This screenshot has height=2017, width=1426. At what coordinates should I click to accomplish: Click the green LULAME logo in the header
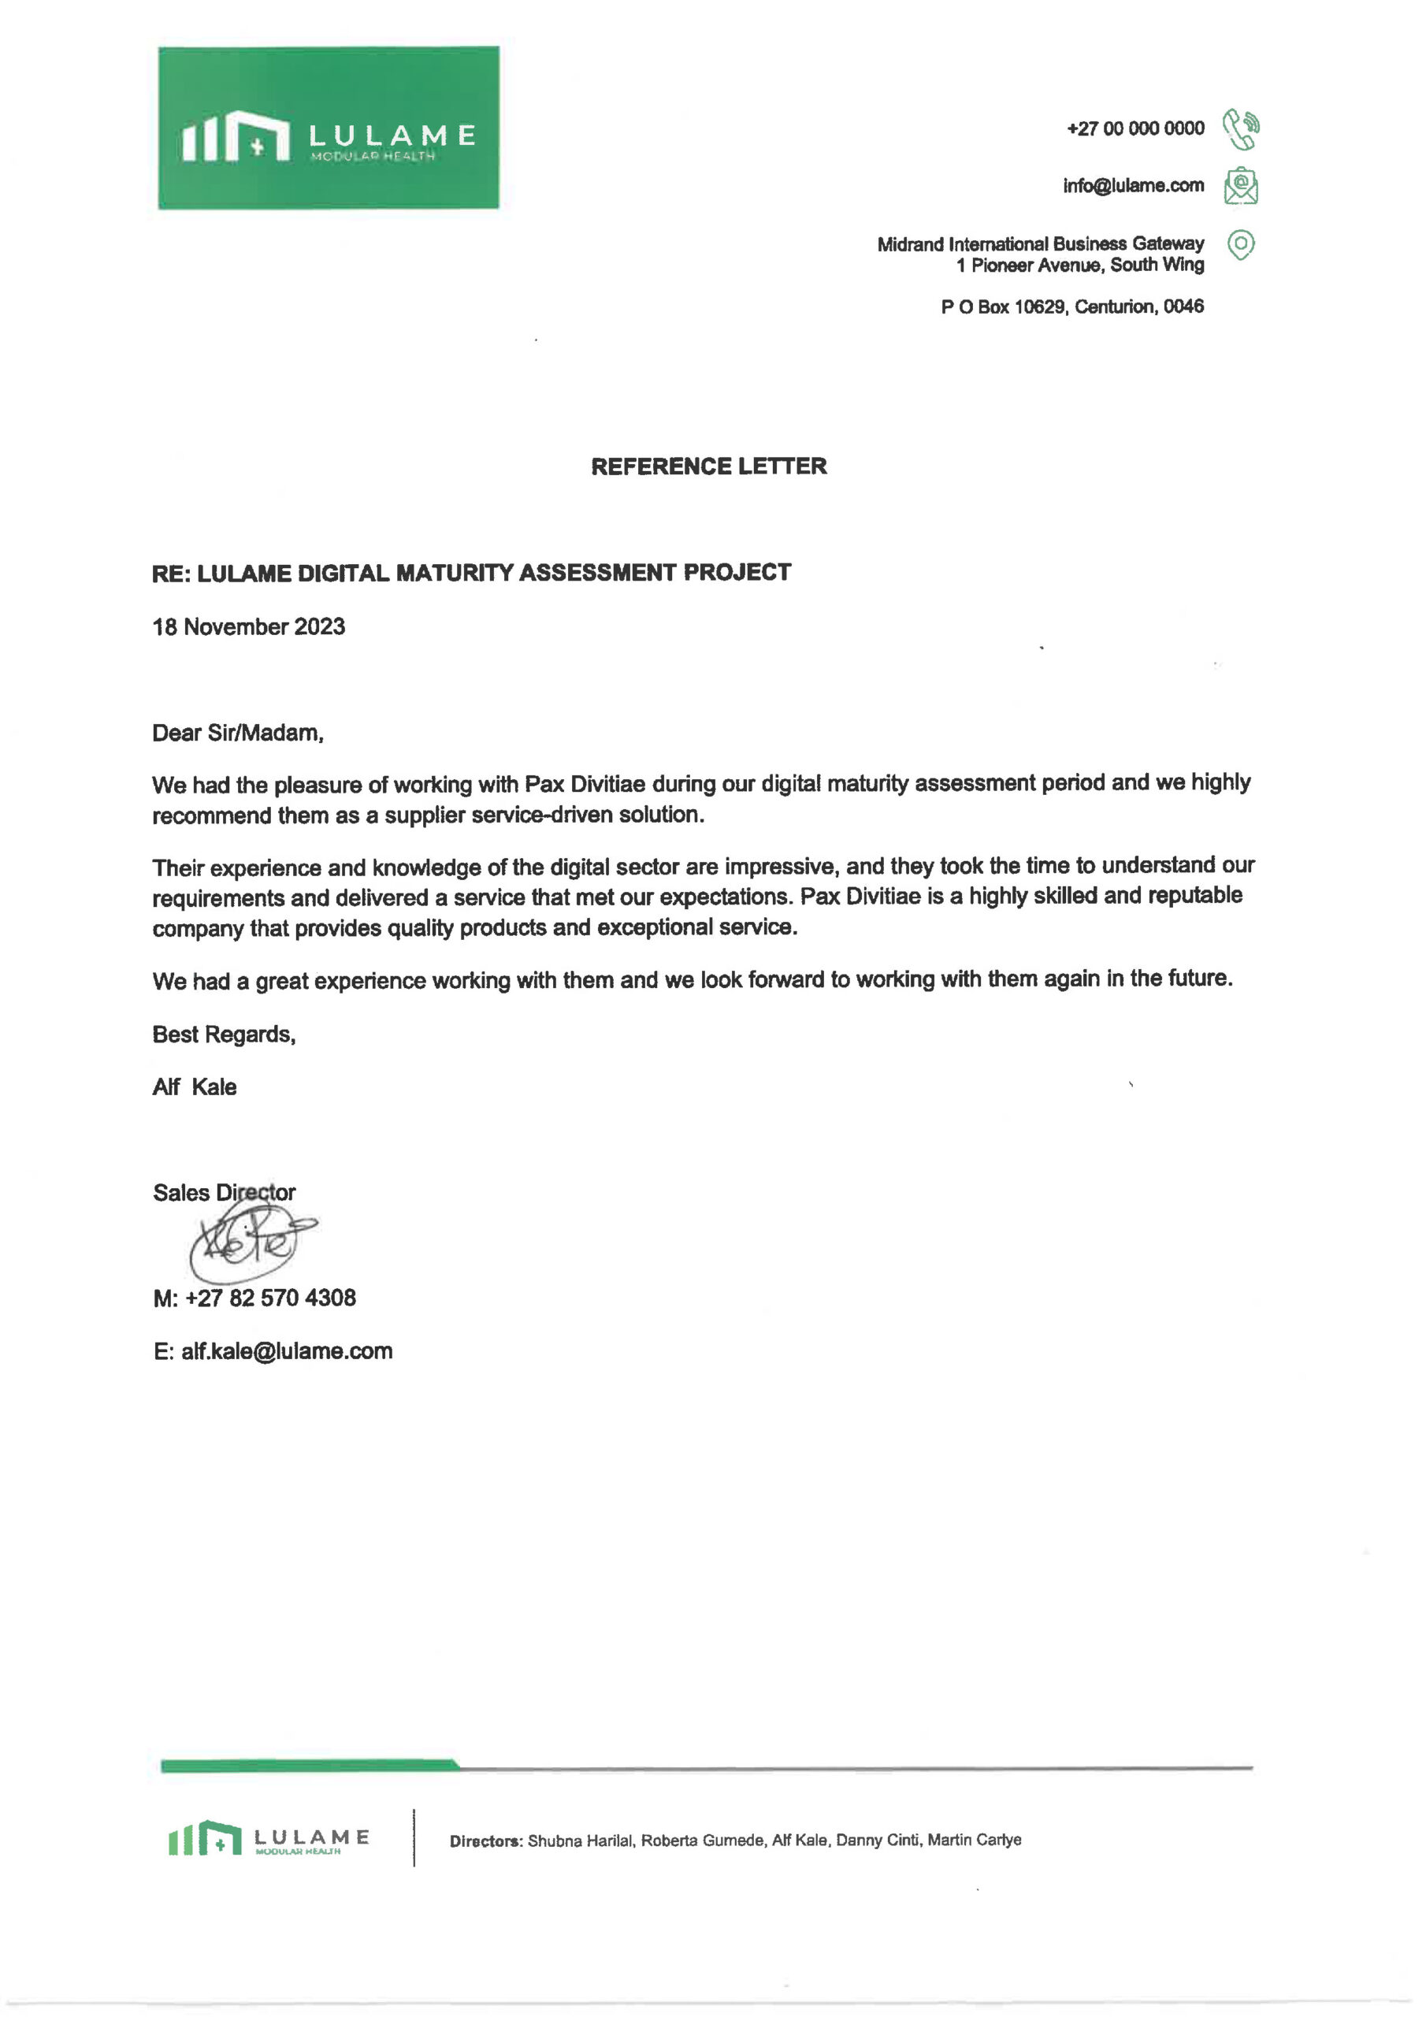pyautogui.click(x=328, y=128)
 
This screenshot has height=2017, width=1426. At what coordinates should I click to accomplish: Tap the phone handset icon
pyautogui.click(x=1241, y=128)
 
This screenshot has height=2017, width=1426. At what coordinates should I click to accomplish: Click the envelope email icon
pyautogui.click(x=1240, y=185)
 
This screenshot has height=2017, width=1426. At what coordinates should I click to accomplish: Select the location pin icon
pyautogui.click(x=1240, y=244)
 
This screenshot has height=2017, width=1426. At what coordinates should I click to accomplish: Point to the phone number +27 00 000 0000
pyautogui.click(x=1134, y=128)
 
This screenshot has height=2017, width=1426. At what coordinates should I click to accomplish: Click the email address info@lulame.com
pyautogui.click(x=1133, y=185)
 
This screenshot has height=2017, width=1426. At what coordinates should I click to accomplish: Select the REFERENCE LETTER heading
pyautogui.click(x=708, y=466)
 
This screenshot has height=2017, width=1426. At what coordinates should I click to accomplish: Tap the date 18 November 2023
pyautogui.click(x=249, y=626)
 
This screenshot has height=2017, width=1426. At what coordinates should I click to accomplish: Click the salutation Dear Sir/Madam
pyautogui.click(x=237, y=733)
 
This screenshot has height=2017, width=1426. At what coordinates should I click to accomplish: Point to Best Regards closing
pyautogui.click(x=223, y=1034)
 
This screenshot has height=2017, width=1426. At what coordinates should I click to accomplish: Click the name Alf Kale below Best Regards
pyautogui.click(x=194, y=1087)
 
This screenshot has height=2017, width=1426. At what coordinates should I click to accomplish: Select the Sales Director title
pyautogui.click(x=223, y=1192)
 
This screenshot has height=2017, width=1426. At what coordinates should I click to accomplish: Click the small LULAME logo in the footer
pyautogui.click(x=268, y=1839)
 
